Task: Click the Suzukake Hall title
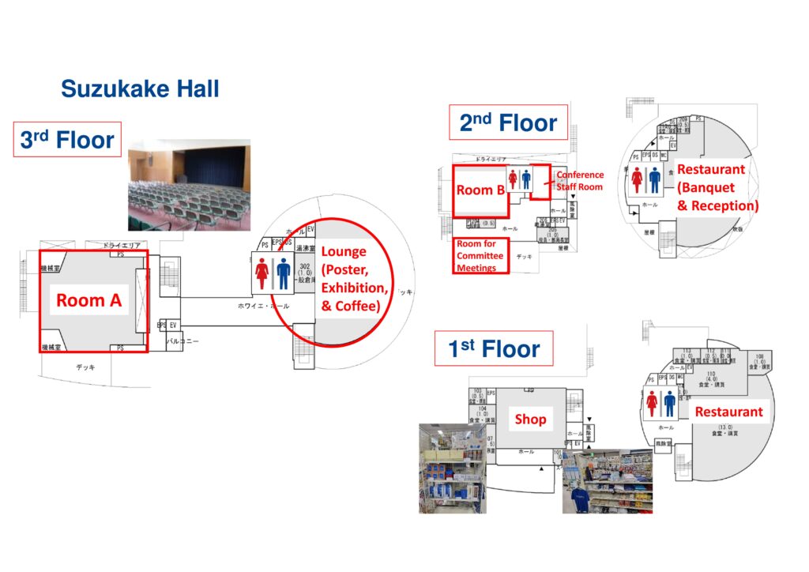(x=140, y=88)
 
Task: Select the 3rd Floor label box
(x=67, y=141)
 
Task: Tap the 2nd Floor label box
(x=508, y=122)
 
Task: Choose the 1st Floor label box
(x=494, y=348)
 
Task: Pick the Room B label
(x=480, y=190)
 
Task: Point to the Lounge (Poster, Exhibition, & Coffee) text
(x=354, y=278)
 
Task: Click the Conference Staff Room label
(x=579, y=181)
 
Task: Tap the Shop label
(x=530, y=419)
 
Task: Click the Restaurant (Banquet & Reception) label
(x=717, y=187)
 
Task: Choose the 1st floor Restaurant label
(x=728, y=412)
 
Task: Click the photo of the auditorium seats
(x=189, y=186)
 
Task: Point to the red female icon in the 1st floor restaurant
(x=653, y=404)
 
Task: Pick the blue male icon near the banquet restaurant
(x=654, y=179)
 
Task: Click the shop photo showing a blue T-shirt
(x=607, y=482)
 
